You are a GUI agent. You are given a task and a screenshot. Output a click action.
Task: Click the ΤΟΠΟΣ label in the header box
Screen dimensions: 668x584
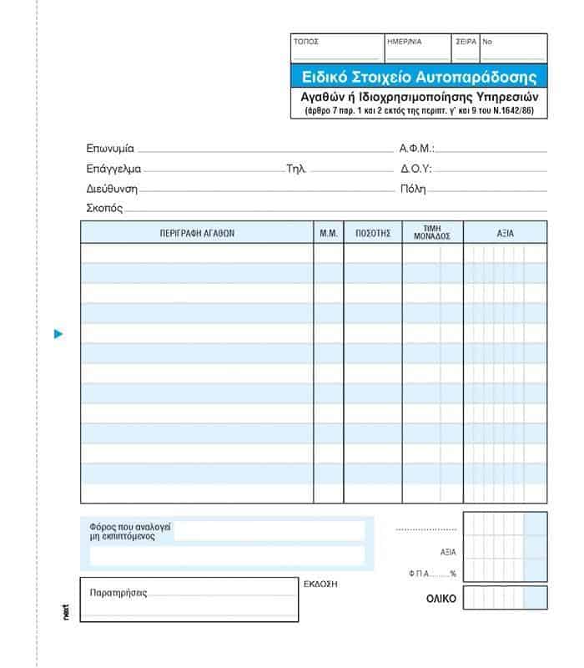coord(305,41)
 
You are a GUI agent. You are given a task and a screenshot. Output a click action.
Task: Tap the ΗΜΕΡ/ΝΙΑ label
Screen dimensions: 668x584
coord(405,41)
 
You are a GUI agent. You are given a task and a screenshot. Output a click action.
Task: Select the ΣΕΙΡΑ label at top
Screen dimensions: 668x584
coord(466,41)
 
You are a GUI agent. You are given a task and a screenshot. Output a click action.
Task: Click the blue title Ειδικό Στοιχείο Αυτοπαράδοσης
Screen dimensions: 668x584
coord(418,76)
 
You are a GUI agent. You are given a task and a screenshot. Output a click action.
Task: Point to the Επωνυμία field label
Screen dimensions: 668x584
coord(110,149)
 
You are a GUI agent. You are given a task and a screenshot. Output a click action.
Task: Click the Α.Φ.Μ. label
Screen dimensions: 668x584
coord(416,149)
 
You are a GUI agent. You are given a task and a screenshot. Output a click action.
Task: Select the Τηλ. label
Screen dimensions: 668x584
coord(296,169)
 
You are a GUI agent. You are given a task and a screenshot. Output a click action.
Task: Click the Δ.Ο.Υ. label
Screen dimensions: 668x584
coord(415,169)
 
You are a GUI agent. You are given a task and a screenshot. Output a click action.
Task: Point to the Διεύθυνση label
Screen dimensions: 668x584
coord(112,189)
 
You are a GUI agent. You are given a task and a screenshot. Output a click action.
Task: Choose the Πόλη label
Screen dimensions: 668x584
coord(413,189)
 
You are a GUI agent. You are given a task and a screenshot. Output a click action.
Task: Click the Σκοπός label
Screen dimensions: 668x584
coord(104,208)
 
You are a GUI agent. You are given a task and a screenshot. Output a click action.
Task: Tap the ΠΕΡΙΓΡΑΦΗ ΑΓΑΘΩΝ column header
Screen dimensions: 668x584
coord(197,233)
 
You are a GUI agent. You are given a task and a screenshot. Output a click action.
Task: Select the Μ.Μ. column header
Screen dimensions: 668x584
coord(328,233)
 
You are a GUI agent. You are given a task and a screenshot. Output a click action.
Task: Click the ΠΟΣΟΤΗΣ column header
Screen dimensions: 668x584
coord(372,233)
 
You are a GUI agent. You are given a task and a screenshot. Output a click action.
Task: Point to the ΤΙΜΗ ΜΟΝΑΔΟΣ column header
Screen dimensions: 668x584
coord(431,232)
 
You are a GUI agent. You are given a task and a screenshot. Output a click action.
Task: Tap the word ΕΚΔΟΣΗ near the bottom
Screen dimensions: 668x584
coord(320,584)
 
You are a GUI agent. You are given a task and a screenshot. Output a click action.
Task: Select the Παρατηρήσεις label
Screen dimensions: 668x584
coord(118,594)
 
